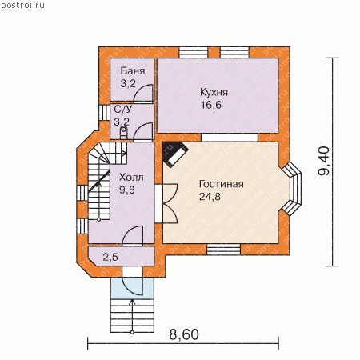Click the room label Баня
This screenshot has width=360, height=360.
point(133,71)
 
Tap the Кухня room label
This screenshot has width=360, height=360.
point(214,92)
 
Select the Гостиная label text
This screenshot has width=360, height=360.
point(222,184)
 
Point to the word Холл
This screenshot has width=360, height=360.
point(131,178)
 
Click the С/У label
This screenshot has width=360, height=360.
point(123,109)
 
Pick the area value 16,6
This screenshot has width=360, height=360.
point(211,105)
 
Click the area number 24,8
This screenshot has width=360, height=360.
point(210,197)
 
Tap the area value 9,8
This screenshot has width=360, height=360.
point(127,190)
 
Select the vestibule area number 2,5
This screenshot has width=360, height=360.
point(110,258)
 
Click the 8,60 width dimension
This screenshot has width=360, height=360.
point(184,334)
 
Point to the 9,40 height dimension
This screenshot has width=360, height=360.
point(324,161)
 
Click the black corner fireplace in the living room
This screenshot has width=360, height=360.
point(175,154)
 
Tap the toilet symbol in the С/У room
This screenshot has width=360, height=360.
point(123,133)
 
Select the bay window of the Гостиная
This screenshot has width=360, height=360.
point(294,188)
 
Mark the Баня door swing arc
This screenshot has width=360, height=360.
point(142,93)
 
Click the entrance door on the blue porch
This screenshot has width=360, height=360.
point(132,286)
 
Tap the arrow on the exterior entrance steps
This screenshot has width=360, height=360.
point(132,317)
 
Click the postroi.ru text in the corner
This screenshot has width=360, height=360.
point(22,6)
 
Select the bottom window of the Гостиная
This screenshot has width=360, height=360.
point(224,250)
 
